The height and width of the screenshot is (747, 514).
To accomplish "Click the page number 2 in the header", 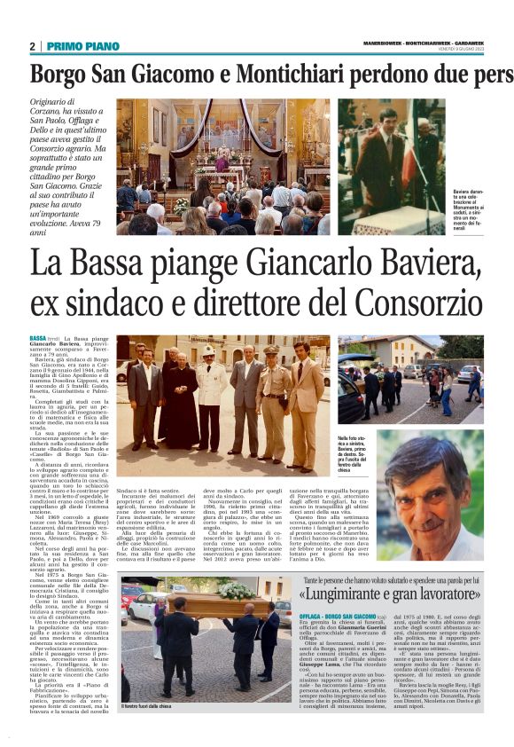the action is pos(32,46).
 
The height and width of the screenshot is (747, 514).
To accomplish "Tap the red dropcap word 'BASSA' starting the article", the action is pos(38,339).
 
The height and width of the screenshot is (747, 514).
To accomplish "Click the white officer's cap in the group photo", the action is pos(210,350).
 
